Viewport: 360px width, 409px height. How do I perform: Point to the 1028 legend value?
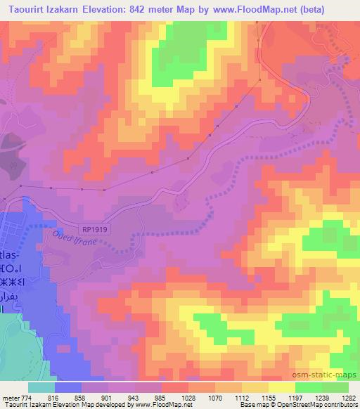[169, 397]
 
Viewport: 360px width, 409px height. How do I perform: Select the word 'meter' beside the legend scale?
[11, 397]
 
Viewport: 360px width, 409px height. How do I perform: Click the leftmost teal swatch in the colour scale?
[41, 387]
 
